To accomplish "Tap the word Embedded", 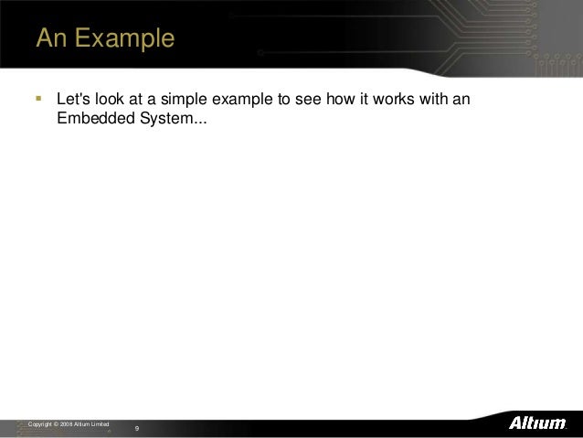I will click(x=95, y=119).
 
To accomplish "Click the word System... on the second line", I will click(x=174, y=119).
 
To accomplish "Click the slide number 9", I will click(x=137, y=428).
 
